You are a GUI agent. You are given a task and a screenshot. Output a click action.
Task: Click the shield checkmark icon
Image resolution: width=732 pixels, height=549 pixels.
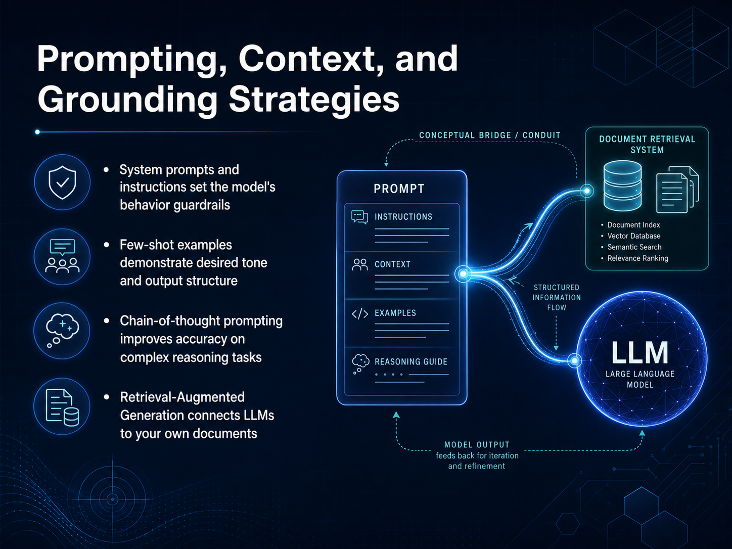point(62,182)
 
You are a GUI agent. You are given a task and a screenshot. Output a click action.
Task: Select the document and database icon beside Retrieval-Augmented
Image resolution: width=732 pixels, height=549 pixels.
point(62,407)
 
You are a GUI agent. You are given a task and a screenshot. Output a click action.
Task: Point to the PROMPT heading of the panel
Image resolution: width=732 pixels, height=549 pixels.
point(399,189)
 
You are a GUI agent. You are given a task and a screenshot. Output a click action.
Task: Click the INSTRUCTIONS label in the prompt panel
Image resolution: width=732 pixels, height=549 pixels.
point(403,217)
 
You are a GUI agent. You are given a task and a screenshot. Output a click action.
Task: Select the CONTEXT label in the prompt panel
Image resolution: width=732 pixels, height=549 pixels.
point(392,264)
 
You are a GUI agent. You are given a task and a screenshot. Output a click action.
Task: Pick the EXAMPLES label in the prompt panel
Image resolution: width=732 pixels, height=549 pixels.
point(395,313)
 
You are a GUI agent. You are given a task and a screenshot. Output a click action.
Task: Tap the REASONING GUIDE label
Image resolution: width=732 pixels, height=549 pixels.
point(411,361)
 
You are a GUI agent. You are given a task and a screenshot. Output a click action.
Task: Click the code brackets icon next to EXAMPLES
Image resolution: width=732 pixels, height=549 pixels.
point(360,313)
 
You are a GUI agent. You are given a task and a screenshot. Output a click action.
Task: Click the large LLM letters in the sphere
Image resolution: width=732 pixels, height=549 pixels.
point(639,352)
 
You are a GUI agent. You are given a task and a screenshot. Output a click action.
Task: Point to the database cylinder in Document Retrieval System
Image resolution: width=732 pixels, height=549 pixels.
point(622,186)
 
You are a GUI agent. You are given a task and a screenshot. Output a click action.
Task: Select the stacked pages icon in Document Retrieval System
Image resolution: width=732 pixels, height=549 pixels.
point(677,190)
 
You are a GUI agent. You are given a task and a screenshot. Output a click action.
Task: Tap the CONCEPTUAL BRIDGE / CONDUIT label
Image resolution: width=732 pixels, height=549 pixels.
point(489,135)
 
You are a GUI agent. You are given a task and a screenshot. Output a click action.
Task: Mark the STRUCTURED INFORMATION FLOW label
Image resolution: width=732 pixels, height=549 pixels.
point(557,297)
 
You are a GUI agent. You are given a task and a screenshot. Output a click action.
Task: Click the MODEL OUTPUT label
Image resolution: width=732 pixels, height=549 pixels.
point(477,445)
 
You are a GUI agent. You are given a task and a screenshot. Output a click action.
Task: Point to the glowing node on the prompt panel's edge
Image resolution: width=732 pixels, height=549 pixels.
point(463,274)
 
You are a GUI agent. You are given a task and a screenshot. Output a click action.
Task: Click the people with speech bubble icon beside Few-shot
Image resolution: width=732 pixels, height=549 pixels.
point(62,256)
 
